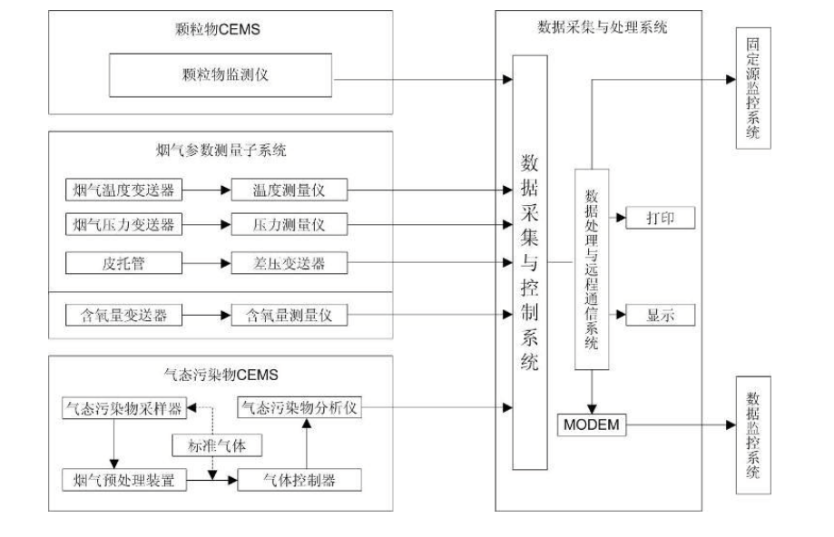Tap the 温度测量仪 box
click(289, 190)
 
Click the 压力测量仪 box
click(289, 223)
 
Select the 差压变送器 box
click(289, 264)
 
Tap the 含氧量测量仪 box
click(289, 315)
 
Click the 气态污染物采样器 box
click(123, 409)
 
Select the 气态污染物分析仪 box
click(299, 409)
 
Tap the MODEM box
click(592, 424)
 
